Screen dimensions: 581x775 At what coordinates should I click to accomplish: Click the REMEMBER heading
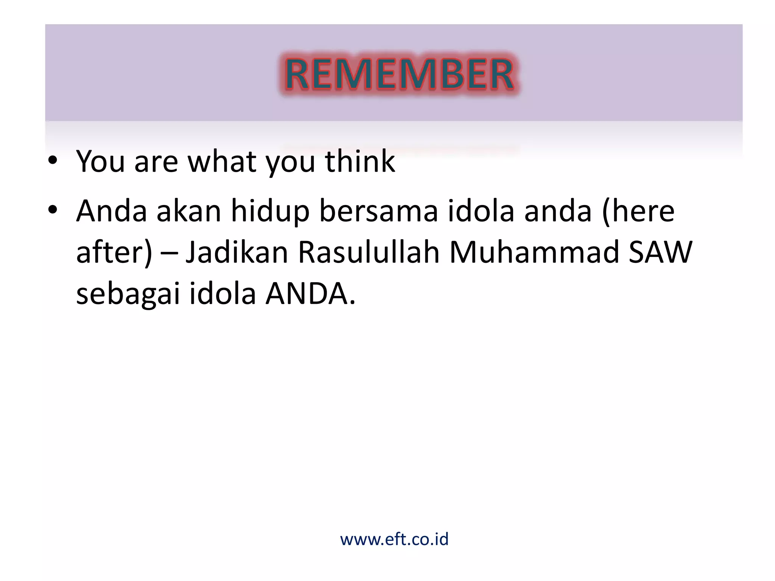tap(399, 75)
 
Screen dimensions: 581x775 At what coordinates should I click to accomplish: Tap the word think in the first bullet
tap(359, 161)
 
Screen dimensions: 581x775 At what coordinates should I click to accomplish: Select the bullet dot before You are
tap(53, 160)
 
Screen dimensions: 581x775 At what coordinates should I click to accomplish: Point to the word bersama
tap(378, 211)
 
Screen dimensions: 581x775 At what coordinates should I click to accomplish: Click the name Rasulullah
tap(368, 252)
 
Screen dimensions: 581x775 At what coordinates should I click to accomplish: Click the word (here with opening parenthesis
tap(638, 211)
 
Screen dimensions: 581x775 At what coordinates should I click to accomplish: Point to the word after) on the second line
tap(114, 252)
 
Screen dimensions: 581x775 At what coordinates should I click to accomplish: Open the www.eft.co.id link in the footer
tap(394, 539)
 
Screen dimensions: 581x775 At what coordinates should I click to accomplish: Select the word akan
tap(189, 211)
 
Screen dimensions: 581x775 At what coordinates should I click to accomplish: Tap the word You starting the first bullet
tap(101, 161)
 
